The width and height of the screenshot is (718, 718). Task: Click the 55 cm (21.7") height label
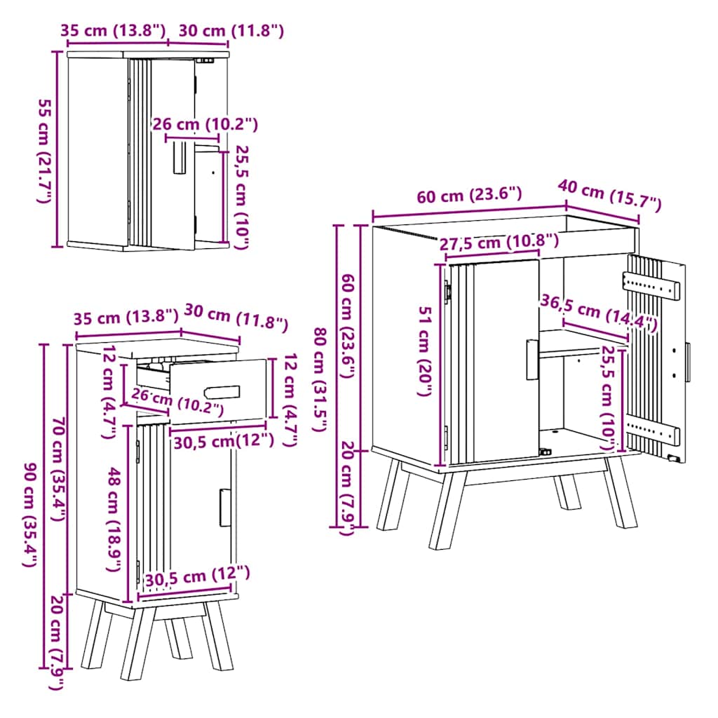pyautogui.click(x=44, y=151)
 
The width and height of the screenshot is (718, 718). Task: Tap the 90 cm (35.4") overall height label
pyautogui.click(x=30, y=515)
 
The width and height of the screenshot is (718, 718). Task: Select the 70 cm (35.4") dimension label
pyautogui.click(x=57, y=468)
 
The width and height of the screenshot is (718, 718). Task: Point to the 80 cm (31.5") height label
pyautogui.click(x=320, y=379)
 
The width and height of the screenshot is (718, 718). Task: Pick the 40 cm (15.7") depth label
pyautogui.click(x=609, y=196)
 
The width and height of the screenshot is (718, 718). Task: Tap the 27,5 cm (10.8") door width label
pyautogui.click(x=499, y=241)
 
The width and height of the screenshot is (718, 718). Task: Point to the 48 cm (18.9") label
pyautogui.click(x=113, y=520)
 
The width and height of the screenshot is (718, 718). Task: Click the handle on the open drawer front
pyautogui.click(x=222, y=393)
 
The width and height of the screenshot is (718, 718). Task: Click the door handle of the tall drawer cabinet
pyautogui.click(x=225, y=508)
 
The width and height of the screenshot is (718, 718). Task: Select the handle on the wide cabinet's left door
pyautogui.click(x=532, y=360)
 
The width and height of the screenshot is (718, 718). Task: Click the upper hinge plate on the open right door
pyautogui.click(x=651, y=285)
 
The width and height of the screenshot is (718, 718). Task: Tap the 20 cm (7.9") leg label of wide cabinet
pyautogui.click(x=348, y=488)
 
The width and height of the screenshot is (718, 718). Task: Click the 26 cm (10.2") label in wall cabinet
pyautogui.click(x=205, y=124)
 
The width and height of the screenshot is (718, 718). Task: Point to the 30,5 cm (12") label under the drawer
pyautogui.click(x=224, y=440)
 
